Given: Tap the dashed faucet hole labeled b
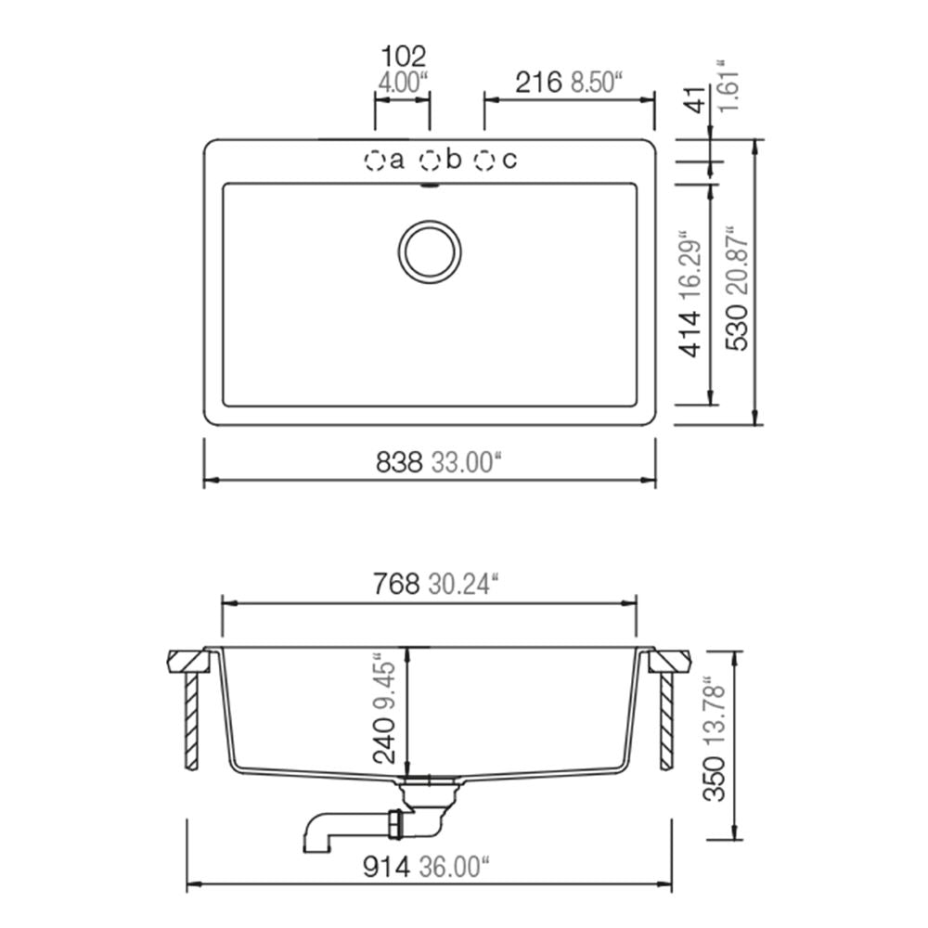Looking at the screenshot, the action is (x=430, y=161).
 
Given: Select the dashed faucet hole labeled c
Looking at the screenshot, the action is (x=484, y=161).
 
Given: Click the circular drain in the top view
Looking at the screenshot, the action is (x=430, y=252).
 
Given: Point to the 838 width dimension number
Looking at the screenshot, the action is (x=399, y=462).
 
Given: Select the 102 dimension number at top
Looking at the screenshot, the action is (x=403, y=57).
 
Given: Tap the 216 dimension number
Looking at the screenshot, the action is (x=538, y=83).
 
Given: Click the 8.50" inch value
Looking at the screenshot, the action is (x=597, y=83).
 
